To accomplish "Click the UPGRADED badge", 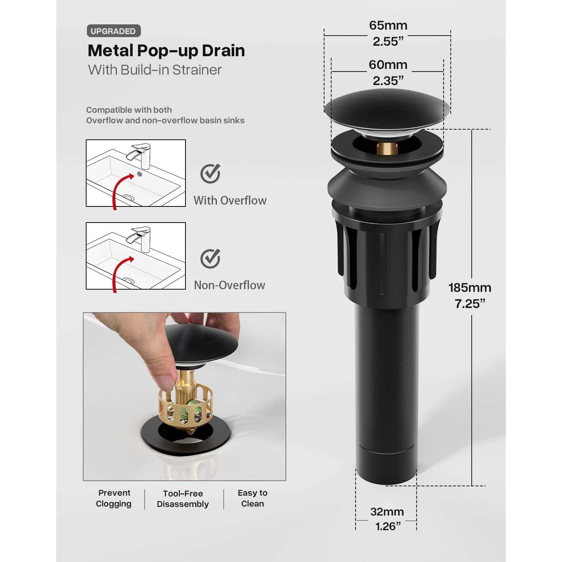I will click(114, 31).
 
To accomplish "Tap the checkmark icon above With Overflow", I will click(210, 173).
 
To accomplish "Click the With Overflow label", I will click(230, 200).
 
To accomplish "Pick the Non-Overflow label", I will click(229, 285).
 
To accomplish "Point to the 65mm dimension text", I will click(388, 25).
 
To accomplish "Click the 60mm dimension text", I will click(388, 65).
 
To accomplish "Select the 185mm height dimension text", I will click(470, 288).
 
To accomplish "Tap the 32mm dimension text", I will click(387, 512).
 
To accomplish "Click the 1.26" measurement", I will click(388, 526).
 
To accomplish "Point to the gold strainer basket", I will click(186, 407).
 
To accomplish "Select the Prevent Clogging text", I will click(114, 498).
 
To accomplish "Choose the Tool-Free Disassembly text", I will click(183, 499).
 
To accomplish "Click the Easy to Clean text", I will click(253, 498).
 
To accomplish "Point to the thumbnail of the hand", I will click(184, 396).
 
